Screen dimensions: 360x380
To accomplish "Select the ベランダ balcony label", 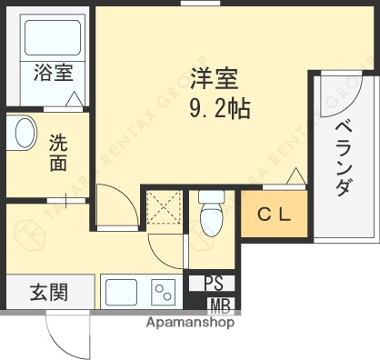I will click(x=344, y=160).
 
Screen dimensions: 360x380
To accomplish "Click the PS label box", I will click(x=213, y=283).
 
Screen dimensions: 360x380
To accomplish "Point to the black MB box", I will click(x=219, y=305).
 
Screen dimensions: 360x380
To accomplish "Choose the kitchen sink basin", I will click(x=122, y=293).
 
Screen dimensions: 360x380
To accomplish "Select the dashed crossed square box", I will click(x=165, y=209).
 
